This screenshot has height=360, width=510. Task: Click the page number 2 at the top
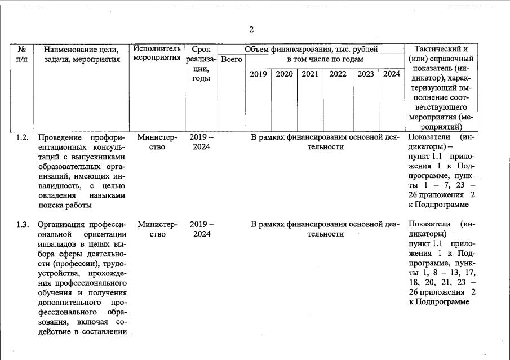(251, 30)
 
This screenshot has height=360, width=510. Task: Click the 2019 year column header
(258, 74)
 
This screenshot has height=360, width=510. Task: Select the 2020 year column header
(284, 74)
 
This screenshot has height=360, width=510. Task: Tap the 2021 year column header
(310, 74)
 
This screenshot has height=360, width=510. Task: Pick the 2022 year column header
(338, 74)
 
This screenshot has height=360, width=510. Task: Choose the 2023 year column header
(365, 74)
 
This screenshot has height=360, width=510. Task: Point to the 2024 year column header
(391, 74)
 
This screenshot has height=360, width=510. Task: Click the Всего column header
(231, 59)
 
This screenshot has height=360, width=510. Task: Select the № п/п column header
(22, 54)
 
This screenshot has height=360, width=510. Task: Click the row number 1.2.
(23, 137)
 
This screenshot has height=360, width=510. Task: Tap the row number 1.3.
(23, 225)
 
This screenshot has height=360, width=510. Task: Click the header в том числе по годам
(325, 59)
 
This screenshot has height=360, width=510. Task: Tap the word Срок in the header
(201, 49)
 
